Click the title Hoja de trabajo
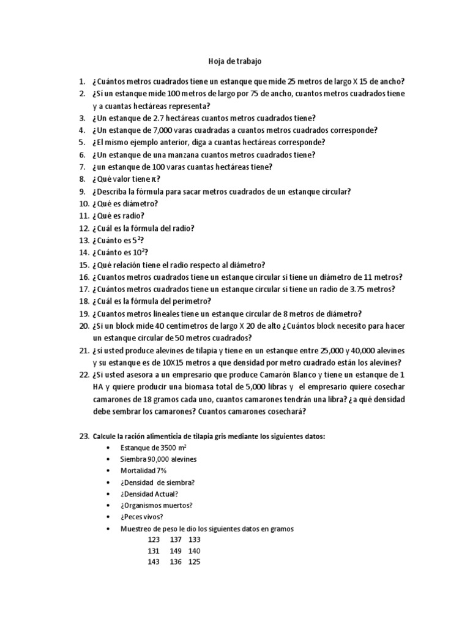235,62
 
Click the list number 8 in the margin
81,179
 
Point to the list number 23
84,437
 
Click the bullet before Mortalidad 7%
108,470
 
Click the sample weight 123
154,539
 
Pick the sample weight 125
195,562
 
